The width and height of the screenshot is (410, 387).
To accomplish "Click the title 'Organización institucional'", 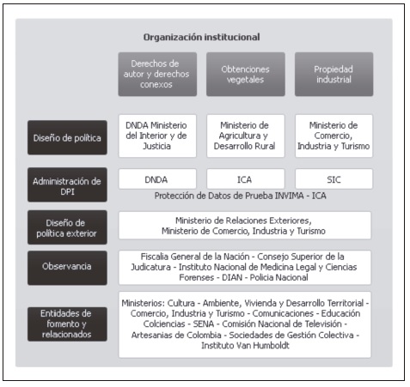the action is (x=201, y=37).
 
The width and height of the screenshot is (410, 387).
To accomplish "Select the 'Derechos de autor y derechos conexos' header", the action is (x=157, y=74).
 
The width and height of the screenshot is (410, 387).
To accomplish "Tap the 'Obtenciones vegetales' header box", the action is (x=246, y=74).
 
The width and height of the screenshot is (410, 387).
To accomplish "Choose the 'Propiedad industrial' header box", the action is (x=334, y=74).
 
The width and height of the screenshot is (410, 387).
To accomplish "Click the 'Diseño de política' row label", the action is (x=67, y=137).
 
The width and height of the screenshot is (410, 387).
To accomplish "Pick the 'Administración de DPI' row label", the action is (x=67, y=184).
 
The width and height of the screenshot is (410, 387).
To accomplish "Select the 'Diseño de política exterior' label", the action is (x=67, y=227).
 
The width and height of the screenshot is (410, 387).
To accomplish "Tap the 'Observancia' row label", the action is (x=67, y=268).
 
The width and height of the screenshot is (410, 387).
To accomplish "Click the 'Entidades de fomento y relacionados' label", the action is (x=67, y=324).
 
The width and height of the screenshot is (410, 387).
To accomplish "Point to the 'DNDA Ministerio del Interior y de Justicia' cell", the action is (x=157, y=136).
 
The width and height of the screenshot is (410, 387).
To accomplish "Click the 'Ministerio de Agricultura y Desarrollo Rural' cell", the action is (x=246, y=136).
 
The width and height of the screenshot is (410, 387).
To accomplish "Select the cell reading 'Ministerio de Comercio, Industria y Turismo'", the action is (x=334, y=136).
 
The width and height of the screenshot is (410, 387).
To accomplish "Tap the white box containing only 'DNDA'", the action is (x=157, y=179).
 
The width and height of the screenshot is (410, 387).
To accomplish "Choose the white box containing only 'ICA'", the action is (x=246, y=179).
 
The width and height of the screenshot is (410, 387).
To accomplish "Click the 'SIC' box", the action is (x=334, y=179).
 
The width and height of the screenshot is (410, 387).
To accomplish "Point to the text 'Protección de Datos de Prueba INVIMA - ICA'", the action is (x=240, y=196).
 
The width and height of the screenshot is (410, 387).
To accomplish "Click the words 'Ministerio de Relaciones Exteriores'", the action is (x=242, y=221).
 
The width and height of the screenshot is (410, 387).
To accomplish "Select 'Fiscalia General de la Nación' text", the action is (x=195, y=257).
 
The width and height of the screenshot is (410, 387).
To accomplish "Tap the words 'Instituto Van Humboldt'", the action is (x=245, y=345).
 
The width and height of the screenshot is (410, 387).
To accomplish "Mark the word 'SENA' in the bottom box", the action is (x=204, y=324).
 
